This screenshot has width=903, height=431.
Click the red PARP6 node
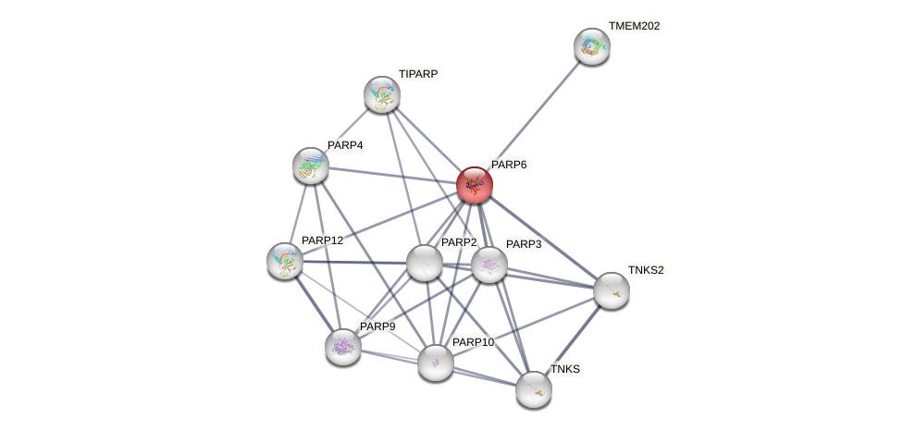475,185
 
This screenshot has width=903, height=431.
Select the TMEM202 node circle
592,46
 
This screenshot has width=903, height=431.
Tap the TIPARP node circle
382,94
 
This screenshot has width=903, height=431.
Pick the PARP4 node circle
311,166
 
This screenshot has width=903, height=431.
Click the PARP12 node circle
285,261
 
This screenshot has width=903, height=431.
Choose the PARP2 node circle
425,263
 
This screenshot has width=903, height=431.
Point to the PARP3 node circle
489,265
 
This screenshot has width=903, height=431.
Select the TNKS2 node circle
612,290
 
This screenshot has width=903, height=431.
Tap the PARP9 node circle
343,347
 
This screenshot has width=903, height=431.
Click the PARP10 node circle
436,363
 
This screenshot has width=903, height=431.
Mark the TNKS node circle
534,389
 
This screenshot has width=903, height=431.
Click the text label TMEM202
634,26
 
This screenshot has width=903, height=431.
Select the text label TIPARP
418,74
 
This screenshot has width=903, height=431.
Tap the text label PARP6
509,165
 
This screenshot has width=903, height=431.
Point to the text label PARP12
322,240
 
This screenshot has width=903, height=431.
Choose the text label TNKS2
646,270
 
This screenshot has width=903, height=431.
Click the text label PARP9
377,326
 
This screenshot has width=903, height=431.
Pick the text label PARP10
473,342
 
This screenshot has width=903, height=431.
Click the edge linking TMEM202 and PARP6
534,116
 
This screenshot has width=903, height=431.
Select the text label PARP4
345,145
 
